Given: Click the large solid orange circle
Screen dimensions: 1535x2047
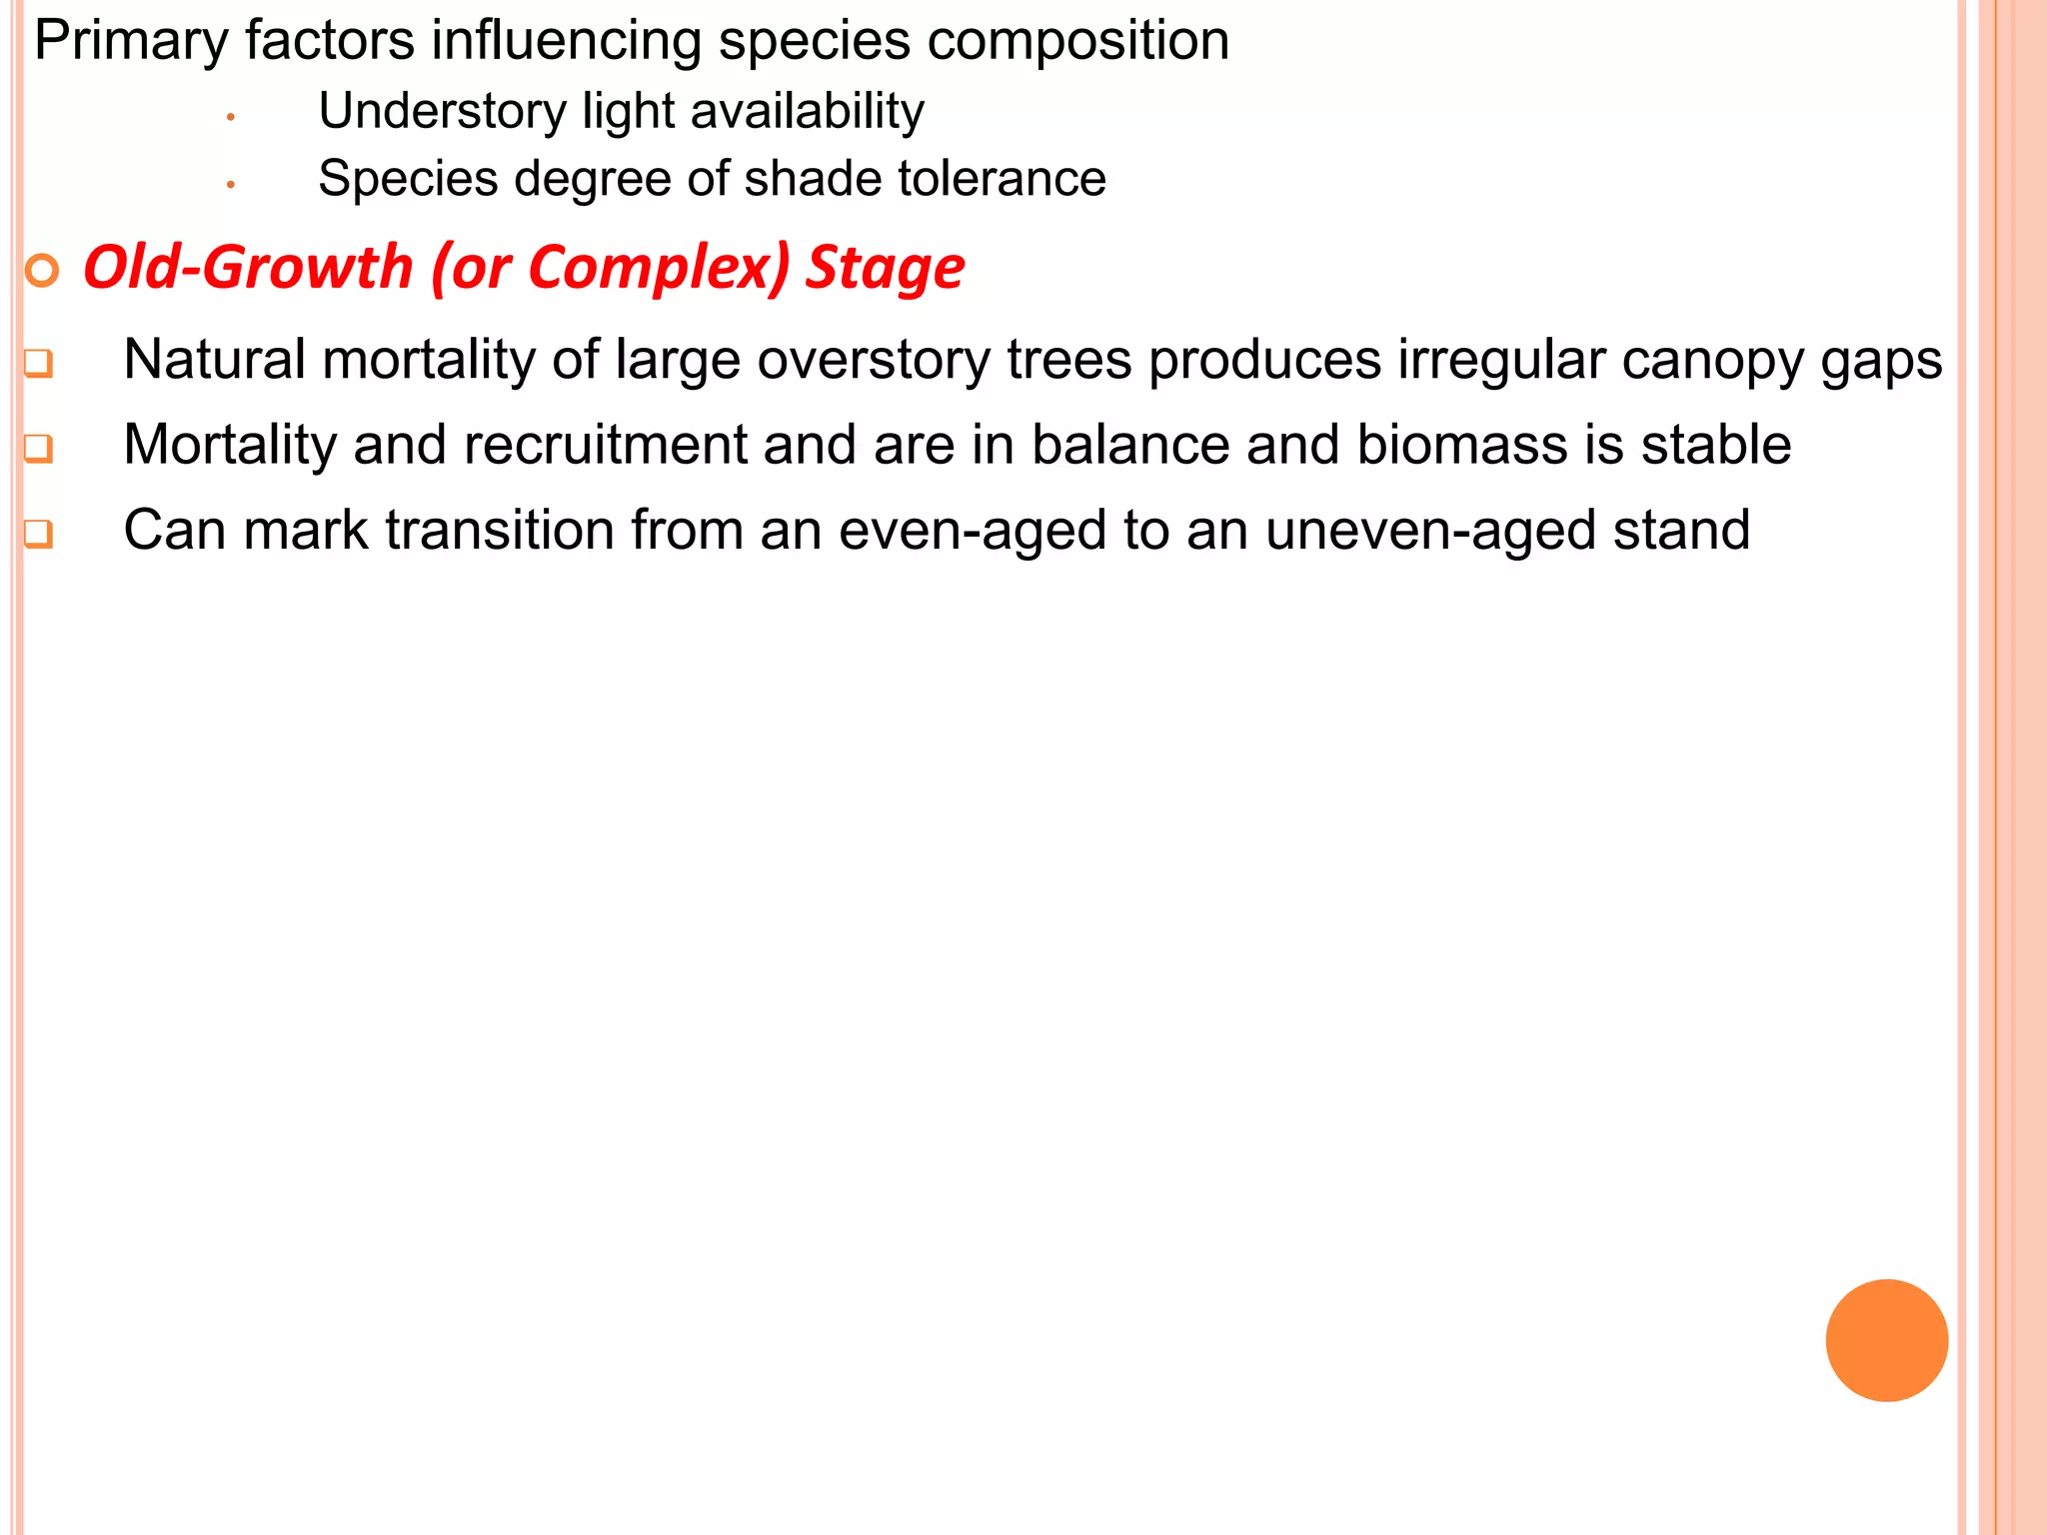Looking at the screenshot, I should pos(1886,1340).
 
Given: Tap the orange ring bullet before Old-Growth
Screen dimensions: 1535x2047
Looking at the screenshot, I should pos(42,270).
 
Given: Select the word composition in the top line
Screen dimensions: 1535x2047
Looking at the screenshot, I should pos(1077,42).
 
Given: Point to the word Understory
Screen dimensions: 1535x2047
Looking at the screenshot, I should pos(442,111).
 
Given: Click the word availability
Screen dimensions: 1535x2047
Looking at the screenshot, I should pos(807,111).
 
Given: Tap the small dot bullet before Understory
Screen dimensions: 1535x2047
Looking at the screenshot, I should pos(231,118).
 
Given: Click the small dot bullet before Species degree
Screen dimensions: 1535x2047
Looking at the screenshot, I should pos(231,185).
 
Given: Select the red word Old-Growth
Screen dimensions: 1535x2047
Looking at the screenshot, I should pos(248,268).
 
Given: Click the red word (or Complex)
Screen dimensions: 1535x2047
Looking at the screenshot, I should pos(611,268).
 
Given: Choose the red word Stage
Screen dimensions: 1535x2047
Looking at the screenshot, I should pos(885,268).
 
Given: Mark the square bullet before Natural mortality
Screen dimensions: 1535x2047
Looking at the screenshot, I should pos(38,363).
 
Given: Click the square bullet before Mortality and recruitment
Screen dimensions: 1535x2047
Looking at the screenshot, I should pos(38,448).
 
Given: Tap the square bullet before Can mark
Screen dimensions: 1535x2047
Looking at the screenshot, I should pos(38,534).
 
